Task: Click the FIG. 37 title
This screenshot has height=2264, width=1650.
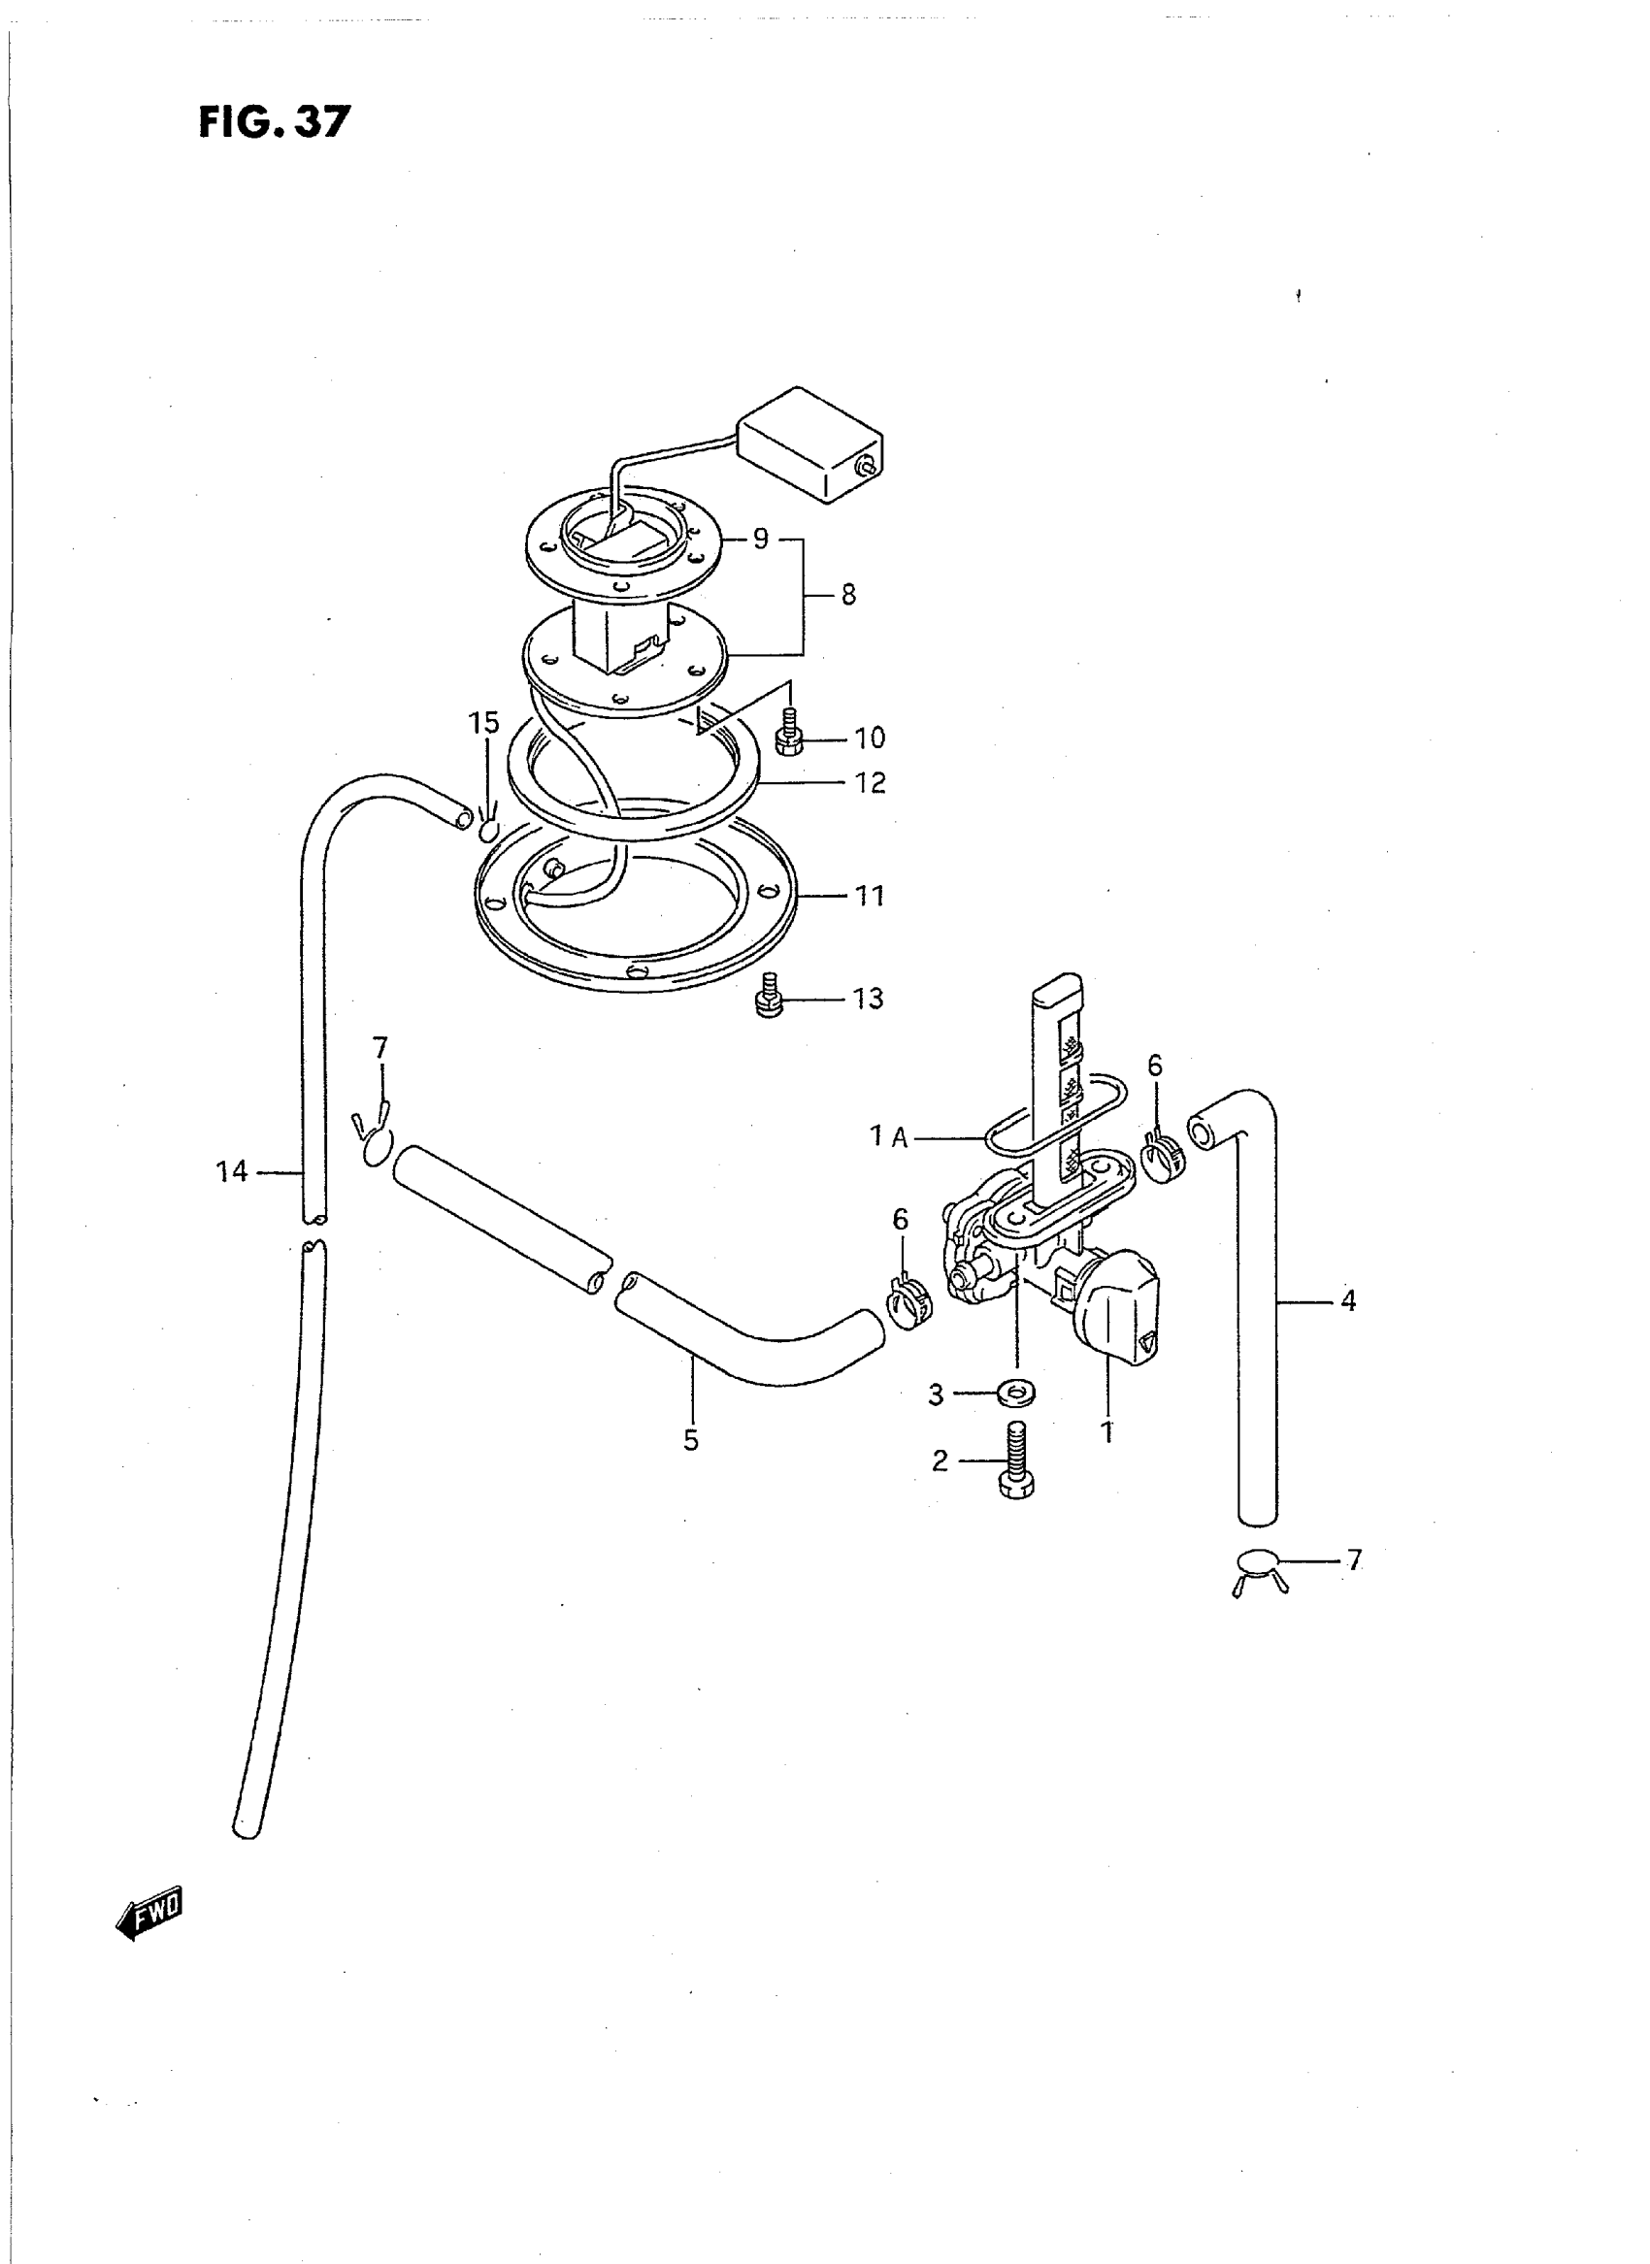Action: coord(275,122)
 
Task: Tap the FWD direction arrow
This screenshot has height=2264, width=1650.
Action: coord(149,1913)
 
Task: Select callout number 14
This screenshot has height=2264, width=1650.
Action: coord(232,1171)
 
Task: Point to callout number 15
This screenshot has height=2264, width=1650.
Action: coord(484,723)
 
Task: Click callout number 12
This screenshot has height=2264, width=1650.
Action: coord(870,783)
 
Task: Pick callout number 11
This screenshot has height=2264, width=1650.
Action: coord(870,896)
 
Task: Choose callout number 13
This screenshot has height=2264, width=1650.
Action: coord(868,999)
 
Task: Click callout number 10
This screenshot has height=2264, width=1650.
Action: coord(869,738)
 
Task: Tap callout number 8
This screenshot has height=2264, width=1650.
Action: coord(848,595)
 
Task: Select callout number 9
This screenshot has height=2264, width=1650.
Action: coord(761,540)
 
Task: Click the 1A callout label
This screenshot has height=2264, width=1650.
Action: coord(889,1136)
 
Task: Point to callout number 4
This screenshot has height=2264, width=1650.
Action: coord(1348,1300)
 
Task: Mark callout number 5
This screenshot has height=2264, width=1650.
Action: coord(691,1440)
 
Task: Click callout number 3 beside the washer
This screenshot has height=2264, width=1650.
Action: coord(936,1395)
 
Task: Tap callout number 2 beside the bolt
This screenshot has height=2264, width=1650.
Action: coord(940,1461)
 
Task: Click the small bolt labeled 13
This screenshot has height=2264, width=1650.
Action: coord(767,997)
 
